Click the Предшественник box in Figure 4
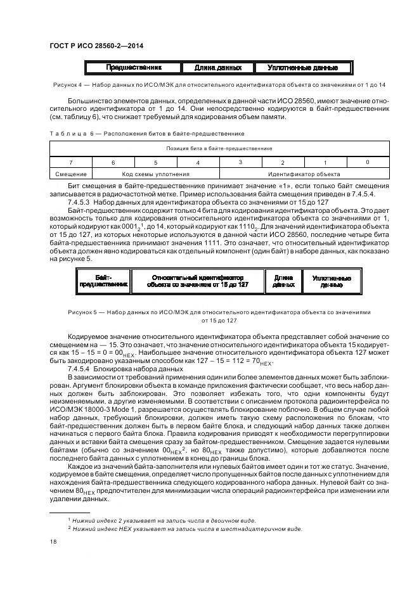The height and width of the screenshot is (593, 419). (133, 67)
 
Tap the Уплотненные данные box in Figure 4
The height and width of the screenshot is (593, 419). (302, 67)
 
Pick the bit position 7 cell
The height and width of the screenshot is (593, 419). (71, 162)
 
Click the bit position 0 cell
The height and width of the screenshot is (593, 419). (367, 162)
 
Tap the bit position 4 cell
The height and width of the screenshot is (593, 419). (198, 162)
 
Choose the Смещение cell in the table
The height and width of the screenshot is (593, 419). (71, 174)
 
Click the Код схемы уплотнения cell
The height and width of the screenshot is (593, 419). (155, 174)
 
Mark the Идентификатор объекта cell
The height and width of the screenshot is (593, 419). (304, 174)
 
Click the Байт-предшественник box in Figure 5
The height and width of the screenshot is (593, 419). (103, 281)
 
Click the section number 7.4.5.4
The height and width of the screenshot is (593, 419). (79, 368)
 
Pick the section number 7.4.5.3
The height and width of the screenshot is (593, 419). (79, 201)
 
